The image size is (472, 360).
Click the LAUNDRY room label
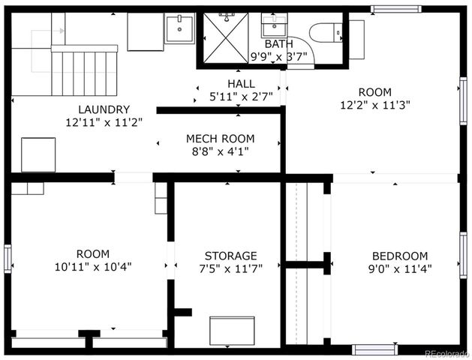[x=104, y=109]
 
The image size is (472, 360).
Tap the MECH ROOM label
[x=220, y=139]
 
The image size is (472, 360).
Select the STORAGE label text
[x=230, y=256]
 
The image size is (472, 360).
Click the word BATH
[x=279, y=44]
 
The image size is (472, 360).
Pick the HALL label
[x=241, y=83]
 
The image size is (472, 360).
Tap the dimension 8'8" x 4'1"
[x=220, y=151]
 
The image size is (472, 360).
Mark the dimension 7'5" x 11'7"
[x=230, y=268]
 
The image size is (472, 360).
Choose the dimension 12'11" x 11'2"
[x=104, y=121]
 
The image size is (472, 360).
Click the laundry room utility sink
[x=179, y=29]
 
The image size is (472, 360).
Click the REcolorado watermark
[x=445, y=354]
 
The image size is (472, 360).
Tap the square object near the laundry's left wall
[x=38, y=154]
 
